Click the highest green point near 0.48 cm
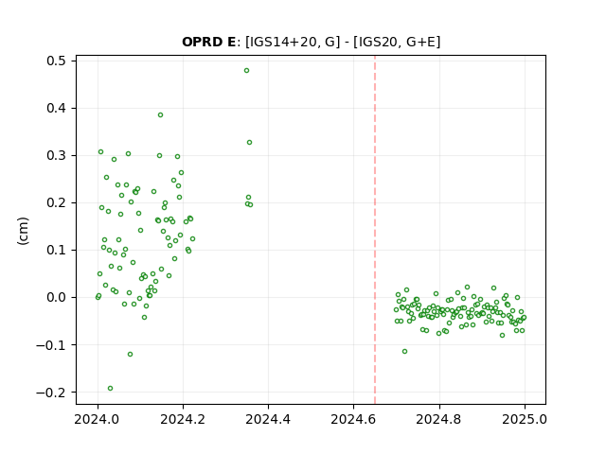[246, 71]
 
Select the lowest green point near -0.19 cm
[110, 389]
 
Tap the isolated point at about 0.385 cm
[160, 115]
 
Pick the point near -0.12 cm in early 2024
[131, 355]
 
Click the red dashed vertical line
[375, 230]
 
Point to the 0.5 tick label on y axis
[57, 61]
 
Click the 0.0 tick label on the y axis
[57, 298]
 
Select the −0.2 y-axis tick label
[51, 393]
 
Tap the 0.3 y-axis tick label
[57, 155]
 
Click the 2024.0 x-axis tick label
[98, 419]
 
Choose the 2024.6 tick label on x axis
[353, 419]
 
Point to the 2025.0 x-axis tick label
[525, 419]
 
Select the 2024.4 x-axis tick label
[268, 419]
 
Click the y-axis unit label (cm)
[23, 231]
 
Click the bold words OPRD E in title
[208, 42]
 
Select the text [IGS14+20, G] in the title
[293, 42]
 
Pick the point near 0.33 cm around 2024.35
[250, 143]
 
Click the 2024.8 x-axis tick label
[439, 419]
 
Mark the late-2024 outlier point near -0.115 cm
[404, 352]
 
